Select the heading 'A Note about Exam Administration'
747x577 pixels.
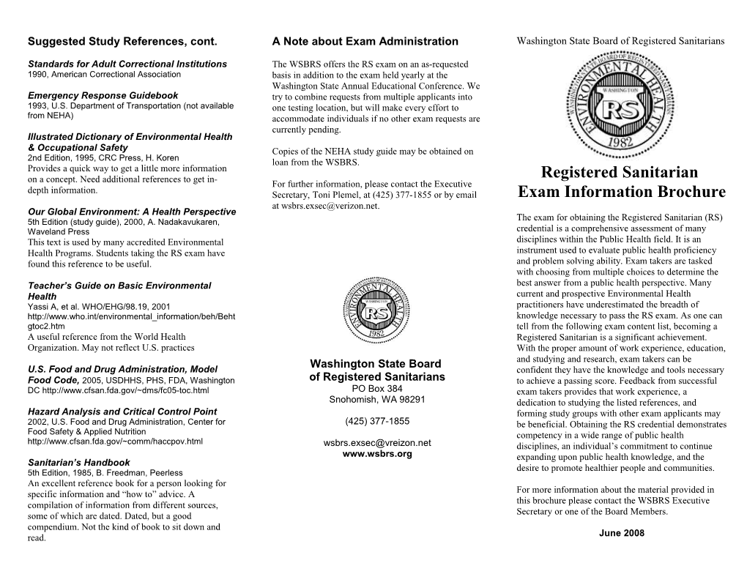point(365,41)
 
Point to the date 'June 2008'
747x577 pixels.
point(621,533)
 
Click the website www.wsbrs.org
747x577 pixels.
point(377,453)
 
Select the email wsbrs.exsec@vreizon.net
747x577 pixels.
point(377,442)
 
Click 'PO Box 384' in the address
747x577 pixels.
point(376,388)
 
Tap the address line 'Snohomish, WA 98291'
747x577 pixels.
point(376,399)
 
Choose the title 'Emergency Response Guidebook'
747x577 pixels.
point(103,95)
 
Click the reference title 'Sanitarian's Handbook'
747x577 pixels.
point(78,463)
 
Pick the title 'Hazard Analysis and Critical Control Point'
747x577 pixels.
point(122,412)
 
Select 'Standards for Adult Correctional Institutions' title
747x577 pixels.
point(127,64)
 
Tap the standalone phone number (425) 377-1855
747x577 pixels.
point(376,421)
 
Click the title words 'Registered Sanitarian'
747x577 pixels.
point(620,172)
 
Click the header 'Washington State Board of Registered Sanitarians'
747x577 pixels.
point(620,40)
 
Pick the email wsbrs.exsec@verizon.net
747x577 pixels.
point(326,206)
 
